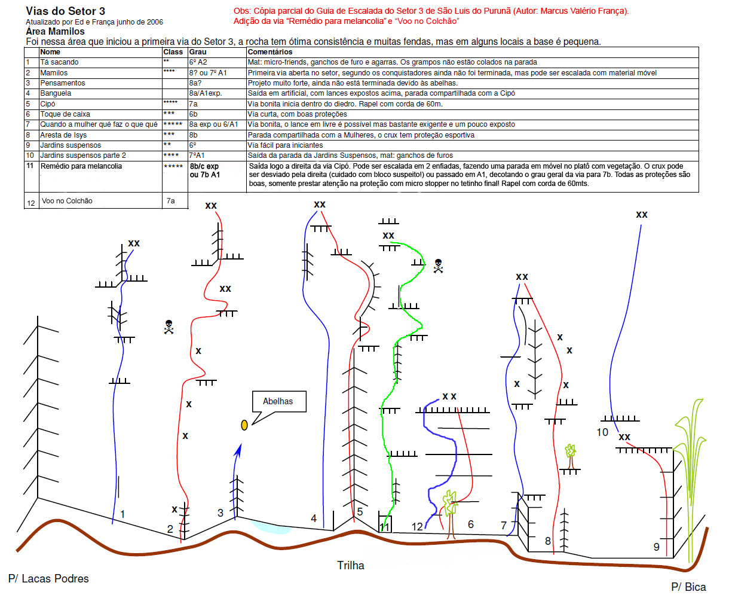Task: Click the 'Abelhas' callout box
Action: point(278,402)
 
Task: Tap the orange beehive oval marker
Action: point(244,425)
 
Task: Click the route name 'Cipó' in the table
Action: point(48,104)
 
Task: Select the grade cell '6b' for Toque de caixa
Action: point(194,114)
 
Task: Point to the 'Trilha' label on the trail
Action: point(350,565)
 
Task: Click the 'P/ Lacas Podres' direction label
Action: point(48,578)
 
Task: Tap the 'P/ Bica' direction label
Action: point(688,587)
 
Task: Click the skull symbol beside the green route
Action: point(438,266)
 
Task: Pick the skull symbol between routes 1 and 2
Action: point(169,327)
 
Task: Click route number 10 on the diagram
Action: point(602,432)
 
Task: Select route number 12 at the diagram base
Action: point(417,527)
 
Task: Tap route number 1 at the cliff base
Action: point(122,514)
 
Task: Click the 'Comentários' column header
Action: point(270,52)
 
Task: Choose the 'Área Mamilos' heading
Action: point(56,32)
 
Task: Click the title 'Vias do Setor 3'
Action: point(66,11)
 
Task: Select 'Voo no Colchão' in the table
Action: point(67,201)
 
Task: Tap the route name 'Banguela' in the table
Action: point(56,93)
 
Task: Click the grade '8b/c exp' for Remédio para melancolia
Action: point(204,166)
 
